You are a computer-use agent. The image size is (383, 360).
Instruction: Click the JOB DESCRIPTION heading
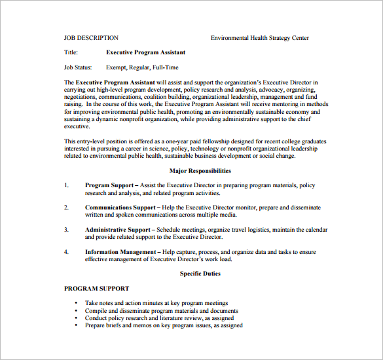click(x=91, y=38)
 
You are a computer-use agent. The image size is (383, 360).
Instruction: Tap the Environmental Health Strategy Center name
click(x=259, y=38)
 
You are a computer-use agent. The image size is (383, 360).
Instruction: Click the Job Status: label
click(x=79, y=67)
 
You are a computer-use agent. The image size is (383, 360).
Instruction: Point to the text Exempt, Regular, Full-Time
click(x=142, y=67)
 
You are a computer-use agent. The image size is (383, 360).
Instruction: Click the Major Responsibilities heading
click(x=200, y=171)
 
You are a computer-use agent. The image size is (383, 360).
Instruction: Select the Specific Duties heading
click(x=200, y=274)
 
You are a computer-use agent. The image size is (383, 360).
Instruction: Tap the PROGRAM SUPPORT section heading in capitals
click(x=96, y=288)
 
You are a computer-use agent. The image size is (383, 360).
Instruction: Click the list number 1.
click(x=66, y=186)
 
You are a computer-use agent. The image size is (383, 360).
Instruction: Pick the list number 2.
click(x=66, y=207)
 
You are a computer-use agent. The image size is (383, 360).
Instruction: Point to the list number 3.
click(x=66, y=230)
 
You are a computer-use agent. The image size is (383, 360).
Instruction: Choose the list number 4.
click(x=66, y=252)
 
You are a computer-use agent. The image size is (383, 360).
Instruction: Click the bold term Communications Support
click(x=120, y=207)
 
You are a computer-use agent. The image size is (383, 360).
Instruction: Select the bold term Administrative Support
click(x=118, y=230)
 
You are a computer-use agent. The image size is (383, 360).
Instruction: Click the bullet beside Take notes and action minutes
click(x=76, y=304)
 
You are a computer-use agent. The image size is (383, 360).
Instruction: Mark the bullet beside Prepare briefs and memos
click(x=76, y=325)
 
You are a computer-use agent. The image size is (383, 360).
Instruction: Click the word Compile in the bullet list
click(x=96, y=311)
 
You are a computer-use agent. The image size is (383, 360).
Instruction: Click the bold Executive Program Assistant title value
click(x=145, y=52)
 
